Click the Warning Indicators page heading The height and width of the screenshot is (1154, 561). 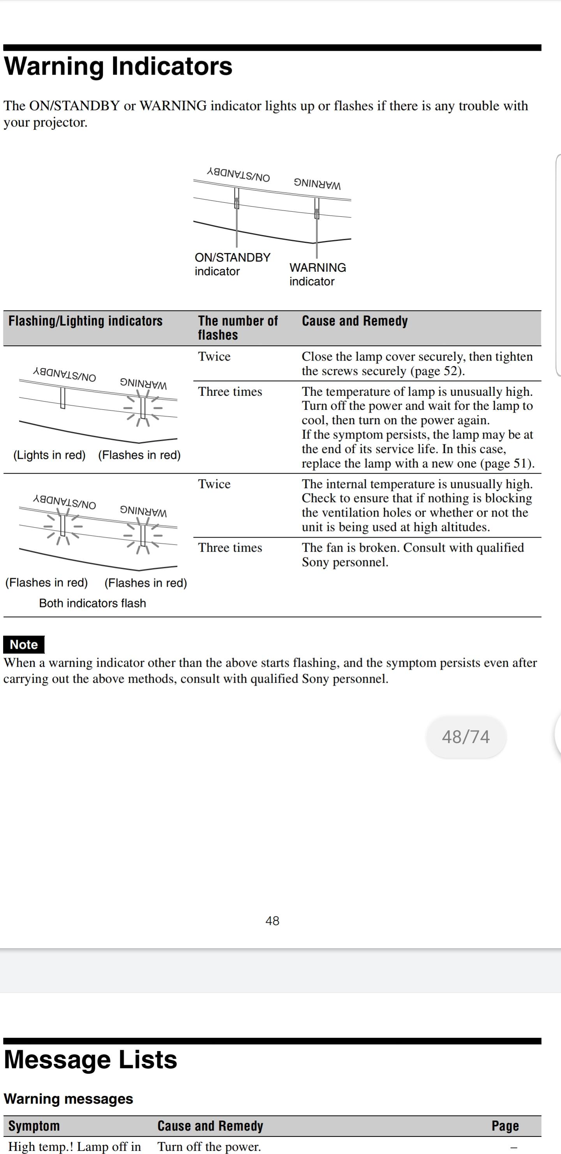click(x=118, y=66)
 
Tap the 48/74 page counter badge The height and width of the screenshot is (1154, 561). click(x=466, y=737)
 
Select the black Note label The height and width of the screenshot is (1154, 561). click(x=24, y=644)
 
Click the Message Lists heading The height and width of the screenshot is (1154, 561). click(x=90, y=1060)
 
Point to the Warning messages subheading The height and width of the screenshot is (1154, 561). click(x=69, y=1099)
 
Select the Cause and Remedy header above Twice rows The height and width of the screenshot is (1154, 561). click(x=355, y=321)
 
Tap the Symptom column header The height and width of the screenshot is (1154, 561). click(x=34, y=1126)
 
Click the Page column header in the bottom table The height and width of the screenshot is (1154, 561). click(x=505, y=1126)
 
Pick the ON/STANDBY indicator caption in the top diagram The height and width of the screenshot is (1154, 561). click(x=232, y=264)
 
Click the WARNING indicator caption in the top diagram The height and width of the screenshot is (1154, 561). click(x=318, y=274)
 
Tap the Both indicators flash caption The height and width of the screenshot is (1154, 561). click(x=93, y=603)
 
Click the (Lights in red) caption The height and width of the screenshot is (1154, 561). click(x=49, y=455)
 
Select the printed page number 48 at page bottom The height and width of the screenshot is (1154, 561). click(x=272, y=920)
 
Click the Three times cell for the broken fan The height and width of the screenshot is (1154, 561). click(x=230, y=547)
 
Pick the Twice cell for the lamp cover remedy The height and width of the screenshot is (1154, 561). click(x=214, y=357)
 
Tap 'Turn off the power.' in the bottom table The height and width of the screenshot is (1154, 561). click(x=209, y=1146)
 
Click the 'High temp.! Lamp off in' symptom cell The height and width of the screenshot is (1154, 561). click(x=75, y=1146)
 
